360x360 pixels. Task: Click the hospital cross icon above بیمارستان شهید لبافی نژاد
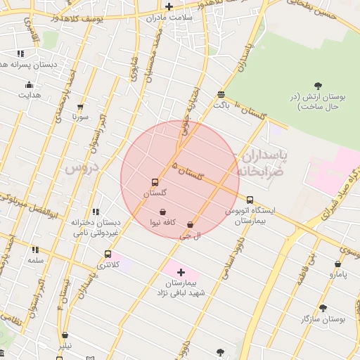tap(181, 271)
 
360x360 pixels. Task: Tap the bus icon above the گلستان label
tap(155, 182)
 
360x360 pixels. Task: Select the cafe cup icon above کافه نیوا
tap(163, 212)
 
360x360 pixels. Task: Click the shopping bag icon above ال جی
tap(190, 225)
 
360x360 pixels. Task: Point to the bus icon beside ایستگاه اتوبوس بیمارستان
tap(250, 200)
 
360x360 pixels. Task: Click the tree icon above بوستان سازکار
tap(323, 308)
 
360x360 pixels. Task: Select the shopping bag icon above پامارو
tap(337, 265)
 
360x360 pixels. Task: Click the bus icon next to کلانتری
tap(108, 255)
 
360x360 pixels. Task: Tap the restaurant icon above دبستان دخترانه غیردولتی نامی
tap(96, 211)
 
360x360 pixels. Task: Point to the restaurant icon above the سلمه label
tap(35, 249)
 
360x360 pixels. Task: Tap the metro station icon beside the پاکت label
tap(221, 94)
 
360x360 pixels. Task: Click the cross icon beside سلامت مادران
tap(169, 6)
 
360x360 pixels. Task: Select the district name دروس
tap(79, 169)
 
